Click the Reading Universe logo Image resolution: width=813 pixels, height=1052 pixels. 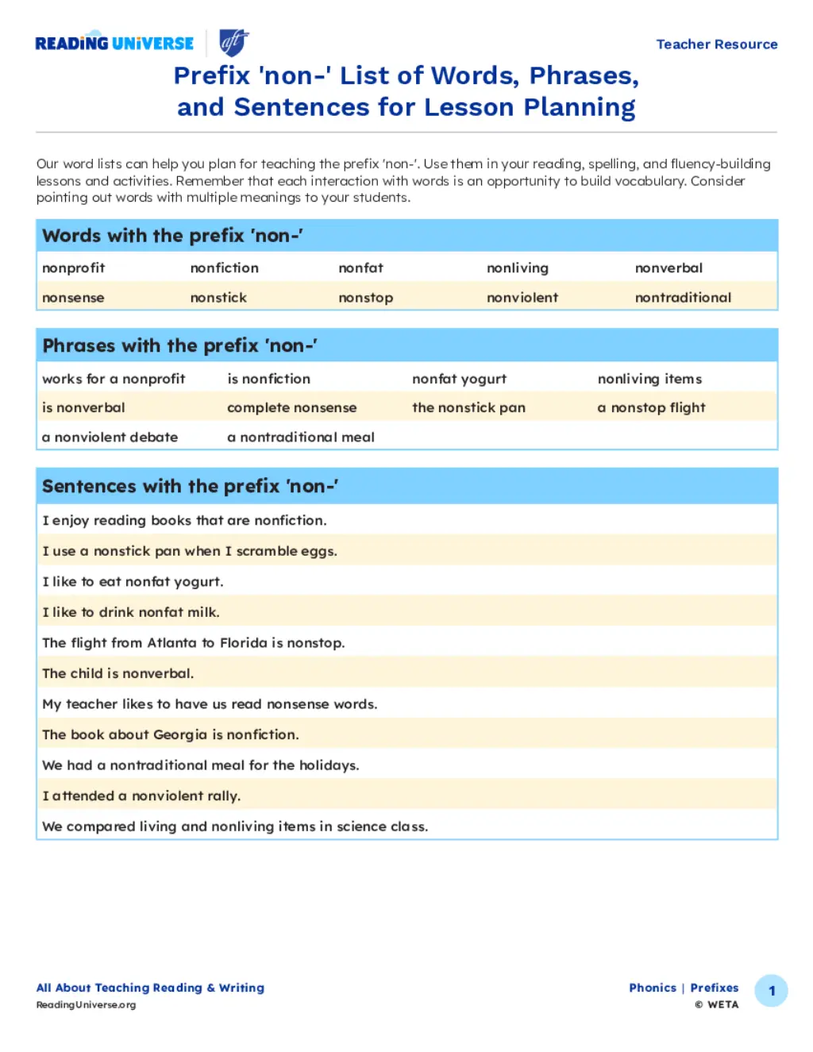(114, 43)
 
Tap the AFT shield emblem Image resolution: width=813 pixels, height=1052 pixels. (233, 42)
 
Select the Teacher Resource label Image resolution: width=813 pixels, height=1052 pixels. (716, 44)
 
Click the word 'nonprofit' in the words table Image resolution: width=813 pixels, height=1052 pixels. (74, 268)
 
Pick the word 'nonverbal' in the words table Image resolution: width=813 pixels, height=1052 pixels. (669, 268)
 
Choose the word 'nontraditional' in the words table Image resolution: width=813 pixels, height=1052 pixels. (683, 298)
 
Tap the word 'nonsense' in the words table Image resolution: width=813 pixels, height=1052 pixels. (73, 298)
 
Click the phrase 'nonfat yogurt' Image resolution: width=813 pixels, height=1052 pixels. (459, 379)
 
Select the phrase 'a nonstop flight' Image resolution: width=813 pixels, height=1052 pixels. (651, 407)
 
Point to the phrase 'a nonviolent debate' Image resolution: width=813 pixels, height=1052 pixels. (110, 437)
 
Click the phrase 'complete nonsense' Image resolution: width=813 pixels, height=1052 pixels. (291, 407)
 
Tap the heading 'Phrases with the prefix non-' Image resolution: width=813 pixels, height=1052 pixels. (180, 345)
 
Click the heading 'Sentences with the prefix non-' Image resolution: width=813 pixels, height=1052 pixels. (191, 486)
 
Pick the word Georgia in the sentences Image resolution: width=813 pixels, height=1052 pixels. (180, 734)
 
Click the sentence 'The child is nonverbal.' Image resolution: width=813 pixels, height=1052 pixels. (118, 673)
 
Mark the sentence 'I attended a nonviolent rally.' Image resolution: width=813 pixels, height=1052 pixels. (141, 796)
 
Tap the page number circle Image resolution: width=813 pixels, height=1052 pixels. (771, 991)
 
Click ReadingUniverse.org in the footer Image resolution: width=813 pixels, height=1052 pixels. (86, 1004)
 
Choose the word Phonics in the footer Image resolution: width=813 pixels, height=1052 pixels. (653, 988)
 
